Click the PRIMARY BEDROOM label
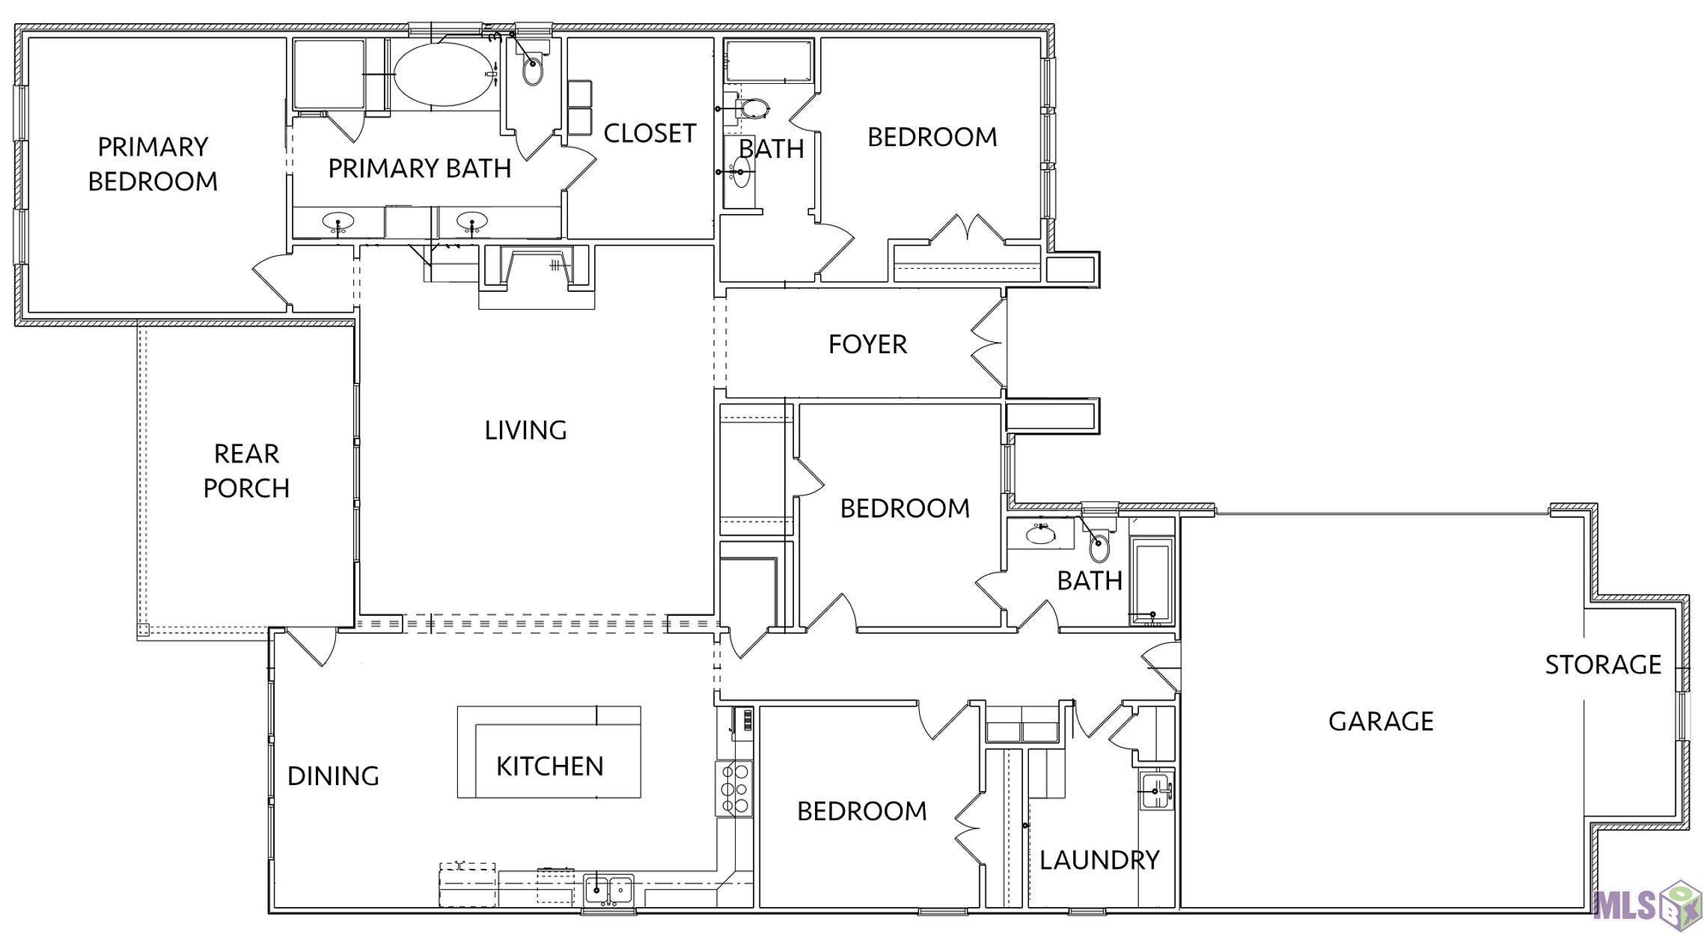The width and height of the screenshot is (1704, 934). tap(153, 164)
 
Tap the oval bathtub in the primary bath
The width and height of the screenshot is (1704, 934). tap(443, 74)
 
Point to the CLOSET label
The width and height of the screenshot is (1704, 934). tap(650, 133)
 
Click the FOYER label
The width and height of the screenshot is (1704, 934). tap(867, 344)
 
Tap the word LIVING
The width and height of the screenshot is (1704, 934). tap(525, 430)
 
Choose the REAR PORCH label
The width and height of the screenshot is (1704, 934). tap(246, 471)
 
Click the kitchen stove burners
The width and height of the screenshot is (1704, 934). tap(734, 788)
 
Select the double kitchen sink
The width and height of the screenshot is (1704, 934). tap(608, 891)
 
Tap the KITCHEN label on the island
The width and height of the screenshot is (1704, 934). tap(549, 766)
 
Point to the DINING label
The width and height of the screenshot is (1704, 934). tap(333, 776)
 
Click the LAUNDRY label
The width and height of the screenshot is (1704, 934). tap(1099, 861)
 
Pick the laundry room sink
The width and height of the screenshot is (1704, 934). tap(1157, 791)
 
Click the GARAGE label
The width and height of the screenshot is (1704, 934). tap(1381, 721)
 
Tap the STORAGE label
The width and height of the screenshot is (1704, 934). tap(1603, 665)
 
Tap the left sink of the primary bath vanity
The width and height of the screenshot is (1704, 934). tap(338, 222)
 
